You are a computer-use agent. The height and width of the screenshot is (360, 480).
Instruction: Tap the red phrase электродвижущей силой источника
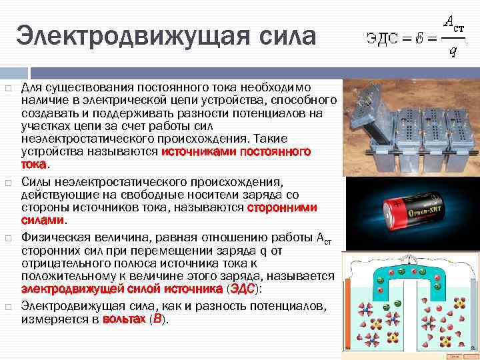pyautogui.click(x=122, y=289)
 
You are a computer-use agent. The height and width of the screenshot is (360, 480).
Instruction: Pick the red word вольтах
pyautogui.click(x=123, y=319)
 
